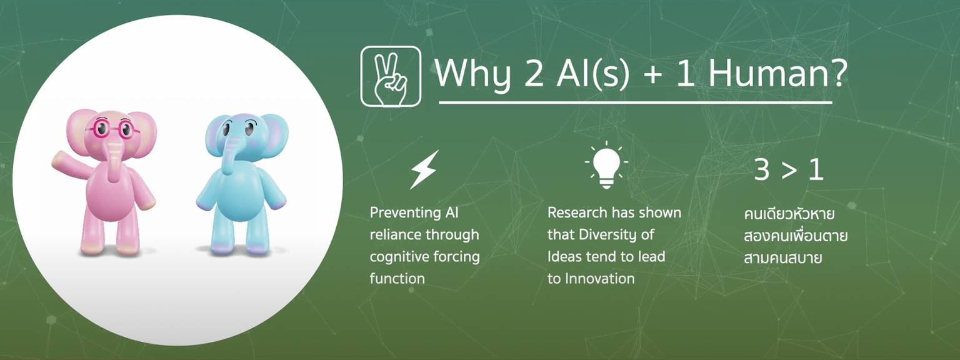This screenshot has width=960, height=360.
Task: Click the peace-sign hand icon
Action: [x=391, y=76]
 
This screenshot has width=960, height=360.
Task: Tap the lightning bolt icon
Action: [x=424, y=169]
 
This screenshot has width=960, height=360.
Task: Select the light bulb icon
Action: [x=606, y=165]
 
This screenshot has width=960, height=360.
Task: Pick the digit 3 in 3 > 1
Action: [x=762, y=170]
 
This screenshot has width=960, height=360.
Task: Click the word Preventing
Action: [x=406, y=213]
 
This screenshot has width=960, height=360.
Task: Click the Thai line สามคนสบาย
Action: [x=782, y=258]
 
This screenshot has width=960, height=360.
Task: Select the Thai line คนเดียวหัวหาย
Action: [x=789, y=213]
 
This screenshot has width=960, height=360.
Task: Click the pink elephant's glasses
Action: [x=112, y=129]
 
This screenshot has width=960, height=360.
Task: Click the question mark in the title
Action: [x=838, y=73]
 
